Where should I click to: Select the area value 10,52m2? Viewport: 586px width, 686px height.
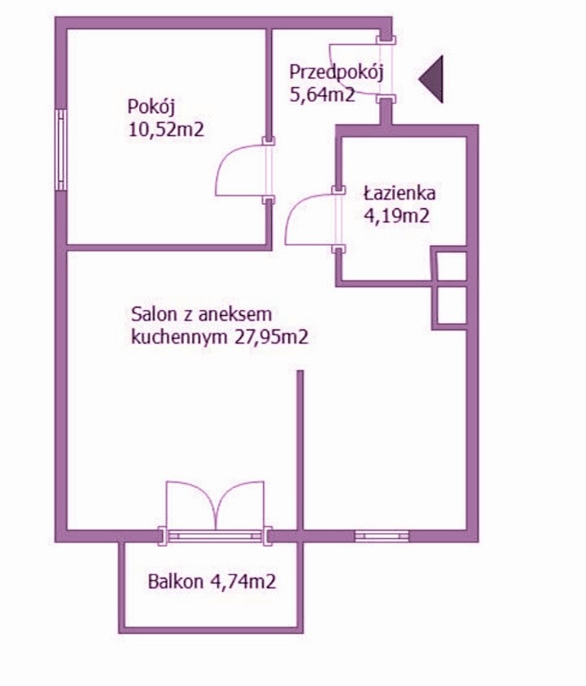pyautogui.click(x=166, y=130)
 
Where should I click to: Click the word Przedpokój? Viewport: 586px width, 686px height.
pyautogui.click(x=336, y=72)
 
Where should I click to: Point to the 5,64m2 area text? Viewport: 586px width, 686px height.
pyautogui.click(x=322, y=94)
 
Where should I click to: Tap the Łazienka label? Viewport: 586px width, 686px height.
pyautogui.click(x=400, y=193)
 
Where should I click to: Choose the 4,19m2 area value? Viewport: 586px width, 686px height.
pyautogui.click(x=396, y=216)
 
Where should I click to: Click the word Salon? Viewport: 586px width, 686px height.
pyautogui.click(x=154, y=314)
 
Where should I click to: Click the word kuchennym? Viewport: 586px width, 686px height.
pyautogui.click(x=179, y=338)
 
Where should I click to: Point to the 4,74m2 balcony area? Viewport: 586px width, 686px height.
pyautogui.click(x=243, y=582)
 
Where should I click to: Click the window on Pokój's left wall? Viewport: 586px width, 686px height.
pyautogui.click(x=61, y=150)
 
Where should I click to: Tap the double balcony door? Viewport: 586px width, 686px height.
pyautogui.click(x=215, y=507)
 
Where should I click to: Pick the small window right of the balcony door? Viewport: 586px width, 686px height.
pyautogui.click(x=381, y=535)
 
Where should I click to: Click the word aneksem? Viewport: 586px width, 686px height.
pyautogui.click(x=235, y=314)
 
